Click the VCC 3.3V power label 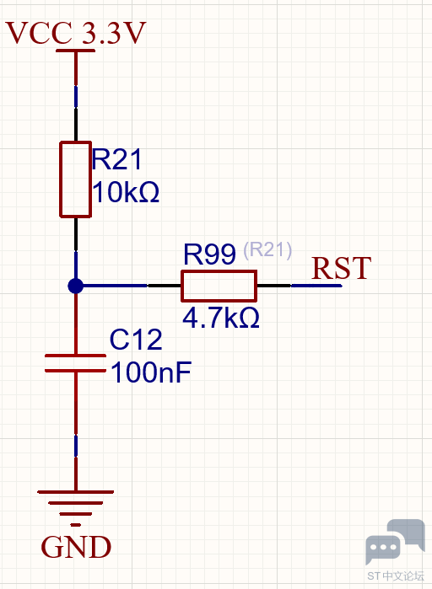coord(75,33)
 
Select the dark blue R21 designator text coord(116,159)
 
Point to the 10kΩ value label coord(126,192)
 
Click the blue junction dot coord(76,286)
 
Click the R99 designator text coord(209,254)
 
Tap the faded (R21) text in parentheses coord(267,249)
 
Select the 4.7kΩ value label coord(221,318)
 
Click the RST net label coord(342,268)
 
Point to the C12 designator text coord(136,340)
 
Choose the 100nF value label coord(151,372)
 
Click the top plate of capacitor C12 coord(76,356)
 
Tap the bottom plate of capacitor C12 coord(76,371)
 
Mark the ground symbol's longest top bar coord(76,492)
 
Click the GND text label coord(76,547)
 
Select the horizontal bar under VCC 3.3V coord(76,51)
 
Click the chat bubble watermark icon coord(395,542)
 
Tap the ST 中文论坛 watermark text coord(396,576)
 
